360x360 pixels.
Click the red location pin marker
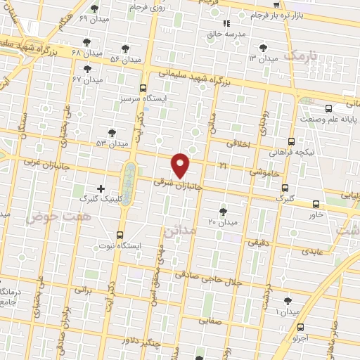pyautogui.click(x=181, y=165)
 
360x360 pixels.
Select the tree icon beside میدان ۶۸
pyautogui.click(x=125, y=49)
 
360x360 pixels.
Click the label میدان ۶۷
pyautogui.click(x=87, y=79)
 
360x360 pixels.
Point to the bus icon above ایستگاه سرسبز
pyautogui.click(x=143, y=89)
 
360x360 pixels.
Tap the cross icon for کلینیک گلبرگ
pyautogui.click(x=101, y=188)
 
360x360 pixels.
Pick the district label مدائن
pyautogui.click(x=177, y=229)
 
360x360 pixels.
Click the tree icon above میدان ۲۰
pyautogui.click(x=223, y=211)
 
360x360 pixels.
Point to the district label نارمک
pyautogui.click(x=304, y=54)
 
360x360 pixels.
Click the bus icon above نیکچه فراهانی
pyautogui.click(x=292, y=141)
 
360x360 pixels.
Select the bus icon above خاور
pyautogui.click(x=316, y=204)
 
